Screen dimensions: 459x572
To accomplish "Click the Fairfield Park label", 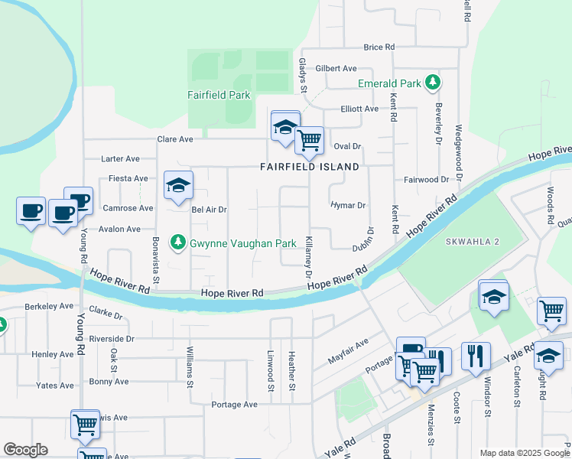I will (219, 96).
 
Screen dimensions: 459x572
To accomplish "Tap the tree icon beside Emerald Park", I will (433, 82).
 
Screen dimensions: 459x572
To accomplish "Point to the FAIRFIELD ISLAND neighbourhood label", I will (309, 166).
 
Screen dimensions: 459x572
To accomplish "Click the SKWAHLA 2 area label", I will (472, 241).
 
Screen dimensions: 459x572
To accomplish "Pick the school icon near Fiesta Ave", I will (178, 185).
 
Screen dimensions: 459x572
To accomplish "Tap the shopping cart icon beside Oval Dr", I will (309, 140).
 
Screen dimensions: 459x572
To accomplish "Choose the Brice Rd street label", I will (379, 47).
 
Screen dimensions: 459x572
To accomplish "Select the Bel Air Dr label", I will (210, 209).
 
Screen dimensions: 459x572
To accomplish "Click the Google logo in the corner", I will (25, 450).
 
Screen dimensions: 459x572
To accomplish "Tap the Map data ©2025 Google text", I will (524, 453).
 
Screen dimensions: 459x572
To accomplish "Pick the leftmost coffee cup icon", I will (31, 211).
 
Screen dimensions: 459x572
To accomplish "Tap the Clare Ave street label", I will (175, 139).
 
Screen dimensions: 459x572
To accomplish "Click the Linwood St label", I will (270, 371).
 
